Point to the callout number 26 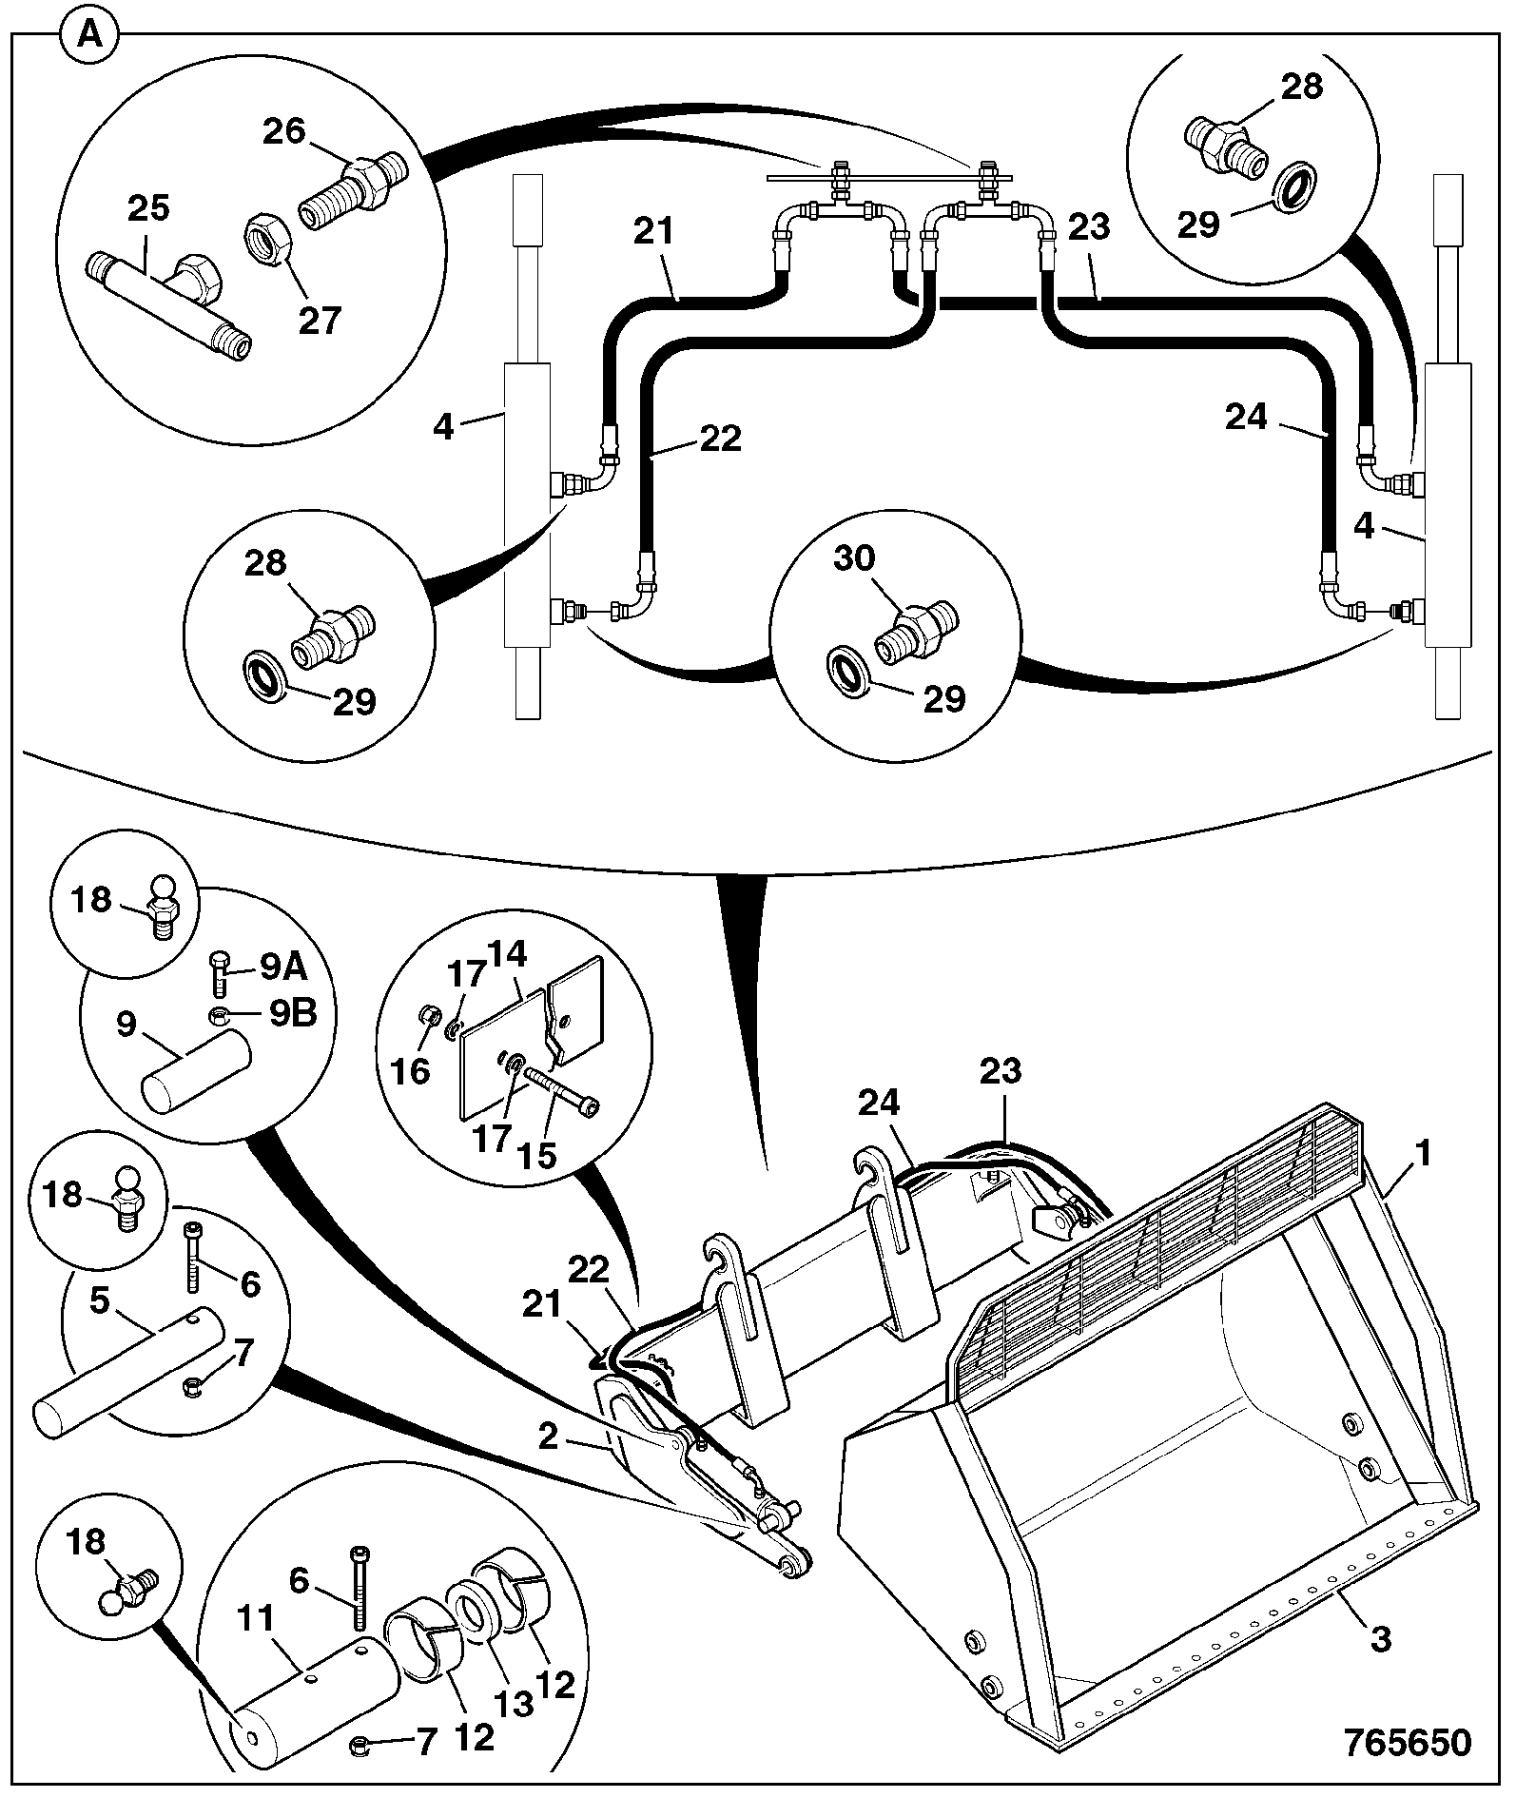pos(284,130)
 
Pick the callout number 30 pos(854,557)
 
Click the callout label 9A pos(282,969)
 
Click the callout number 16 pos(412,1072)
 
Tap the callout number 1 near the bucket pos(1423,1155)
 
